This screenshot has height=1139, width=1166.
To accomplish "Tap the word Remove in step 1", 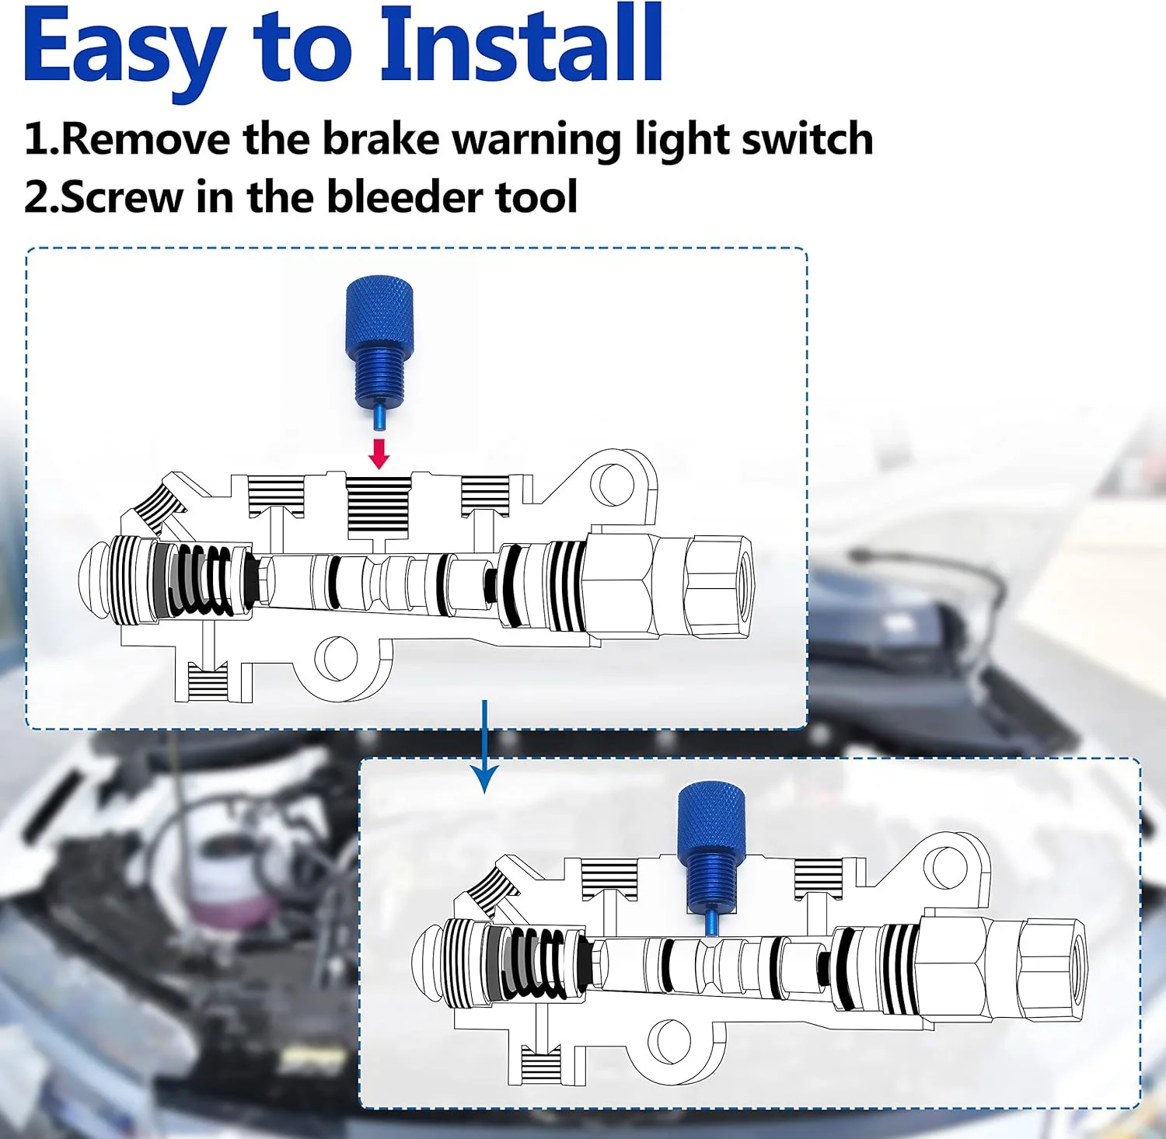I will pyautogui.click(x=145, y=140).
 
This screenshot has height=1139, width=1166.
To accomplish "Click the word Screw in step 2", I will pyautogui.click(x=121, y=197).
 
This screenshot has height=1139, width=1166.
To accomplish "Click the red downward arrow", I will pyautogui.click(x=379, y=454).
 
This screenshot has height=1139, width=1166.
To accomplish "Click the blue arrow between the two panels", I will pyautogui.click(x=485, y=750).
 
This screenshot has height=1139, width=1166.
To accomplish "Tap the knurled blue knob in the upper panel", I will pyautogui.click(x=379, y=315).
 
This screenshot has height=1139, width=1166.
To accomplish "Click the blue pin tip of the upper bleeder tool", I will pyautogui.click(x=378, y=416).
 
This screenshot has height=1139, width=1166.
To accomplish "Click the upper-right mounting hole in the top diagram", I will pyautogui.click(x=612, y=484).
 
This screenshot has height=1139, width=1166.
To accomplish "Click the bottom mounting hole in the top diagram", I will pyautogui.click(x=337, y=657).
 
